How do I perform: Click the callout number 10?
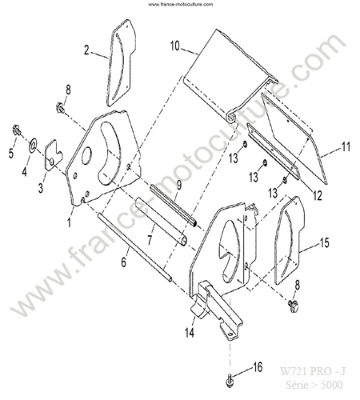(175, 46)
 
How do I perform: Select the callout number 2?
(86, 50)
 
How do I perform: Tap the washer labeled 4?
(34, 144)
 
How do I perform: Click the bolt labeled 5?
(17, 130)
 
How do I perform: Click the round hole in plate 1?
(86, 156)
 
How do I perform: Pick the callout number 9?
(178, 185)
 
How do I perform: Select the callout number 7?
(150, 240)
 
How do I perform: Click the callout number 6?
(123, 262)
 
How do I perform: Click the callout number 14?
(190, 333)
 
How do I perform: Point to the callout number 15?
(324, 242)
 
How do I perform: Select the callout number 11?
(346, 147)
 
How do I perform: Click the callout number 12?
(318, 196)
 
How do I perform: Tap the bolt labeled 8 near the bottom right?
(294, 305)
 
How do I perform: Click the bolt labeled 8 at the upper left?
(61, 108)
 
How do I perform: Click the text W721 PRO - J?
(312, 371)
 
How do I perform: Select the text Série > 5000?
(314, 385)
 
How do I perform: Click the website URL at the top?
(181, 4)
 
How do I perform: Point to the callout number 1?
(70, 222)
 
